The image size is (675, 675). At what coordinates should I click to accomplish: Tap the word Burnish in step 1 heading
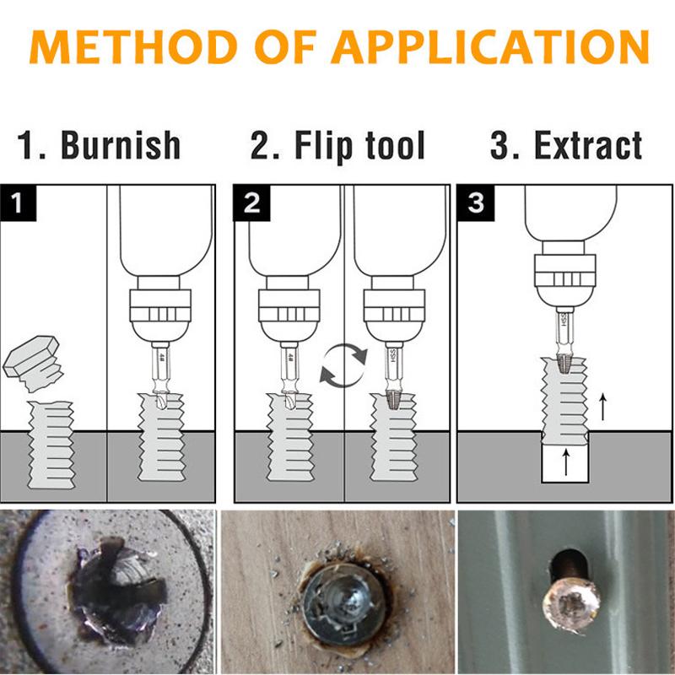[x=121, y=145]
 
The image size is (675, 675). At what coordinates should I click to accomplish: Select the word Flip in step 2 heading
[x=321, y=145]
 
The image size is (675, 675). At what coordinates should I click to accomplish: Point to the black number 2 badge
[x=250, y=202]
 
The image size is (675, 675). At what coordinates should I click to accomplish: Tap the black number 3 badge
[x=475, y=203]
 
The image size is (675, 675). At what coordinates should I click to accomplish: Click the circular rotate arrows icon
[x=343, y=364]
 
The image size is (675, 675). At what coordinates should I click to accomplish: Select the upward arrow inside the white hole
[x=565, y=462]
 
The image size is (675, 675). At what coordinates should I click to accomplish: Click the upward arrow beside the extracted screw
[x=602, y=408]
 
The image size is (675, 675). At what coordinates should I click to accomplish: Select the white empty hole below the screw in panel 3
[x=565, y=464]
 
